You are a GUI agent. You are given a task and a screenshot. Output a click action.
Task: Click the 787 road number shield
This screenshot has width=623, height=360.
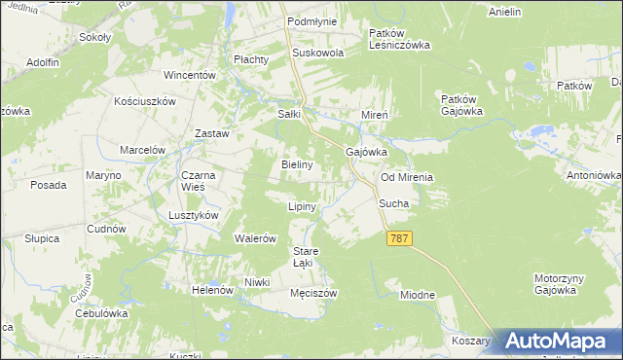coord(399,238)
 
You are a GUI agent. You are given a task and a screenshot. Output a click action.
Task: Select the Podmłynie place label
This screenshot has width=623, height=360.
coord(311,20)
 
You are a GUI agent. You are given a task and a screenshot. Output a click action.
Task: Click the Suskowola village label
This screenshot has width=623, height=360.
coord(318,53)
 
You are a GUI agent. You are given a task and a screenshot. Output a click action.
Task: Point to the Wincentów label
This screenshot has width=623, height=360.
coord(189,75)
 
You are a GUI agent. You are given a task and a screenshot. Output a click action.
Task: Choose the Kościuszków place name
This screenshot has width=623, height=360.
coord(144,101)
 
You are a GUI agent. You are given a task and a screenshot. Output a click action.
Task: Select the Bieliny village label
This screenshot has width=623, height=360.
coord(297,164)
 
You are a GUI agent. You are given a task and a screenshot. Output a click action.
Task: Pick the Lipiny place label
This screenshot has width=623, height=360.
coord(303,207)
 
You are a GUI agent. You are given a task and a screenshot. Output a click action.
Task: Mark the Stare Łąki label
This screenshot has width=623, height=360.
coord(307,257)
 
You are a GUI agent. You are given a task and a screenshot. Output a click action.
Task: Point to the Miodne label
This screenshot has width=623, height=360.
coord(417,294)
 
